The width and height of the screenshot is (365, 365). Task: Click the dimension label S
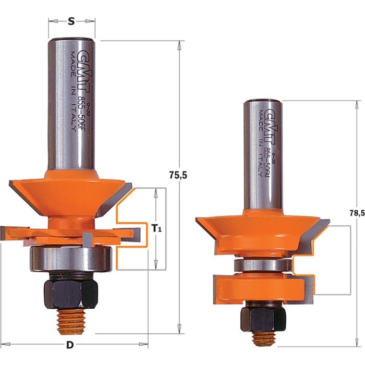tap(71, 21)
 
